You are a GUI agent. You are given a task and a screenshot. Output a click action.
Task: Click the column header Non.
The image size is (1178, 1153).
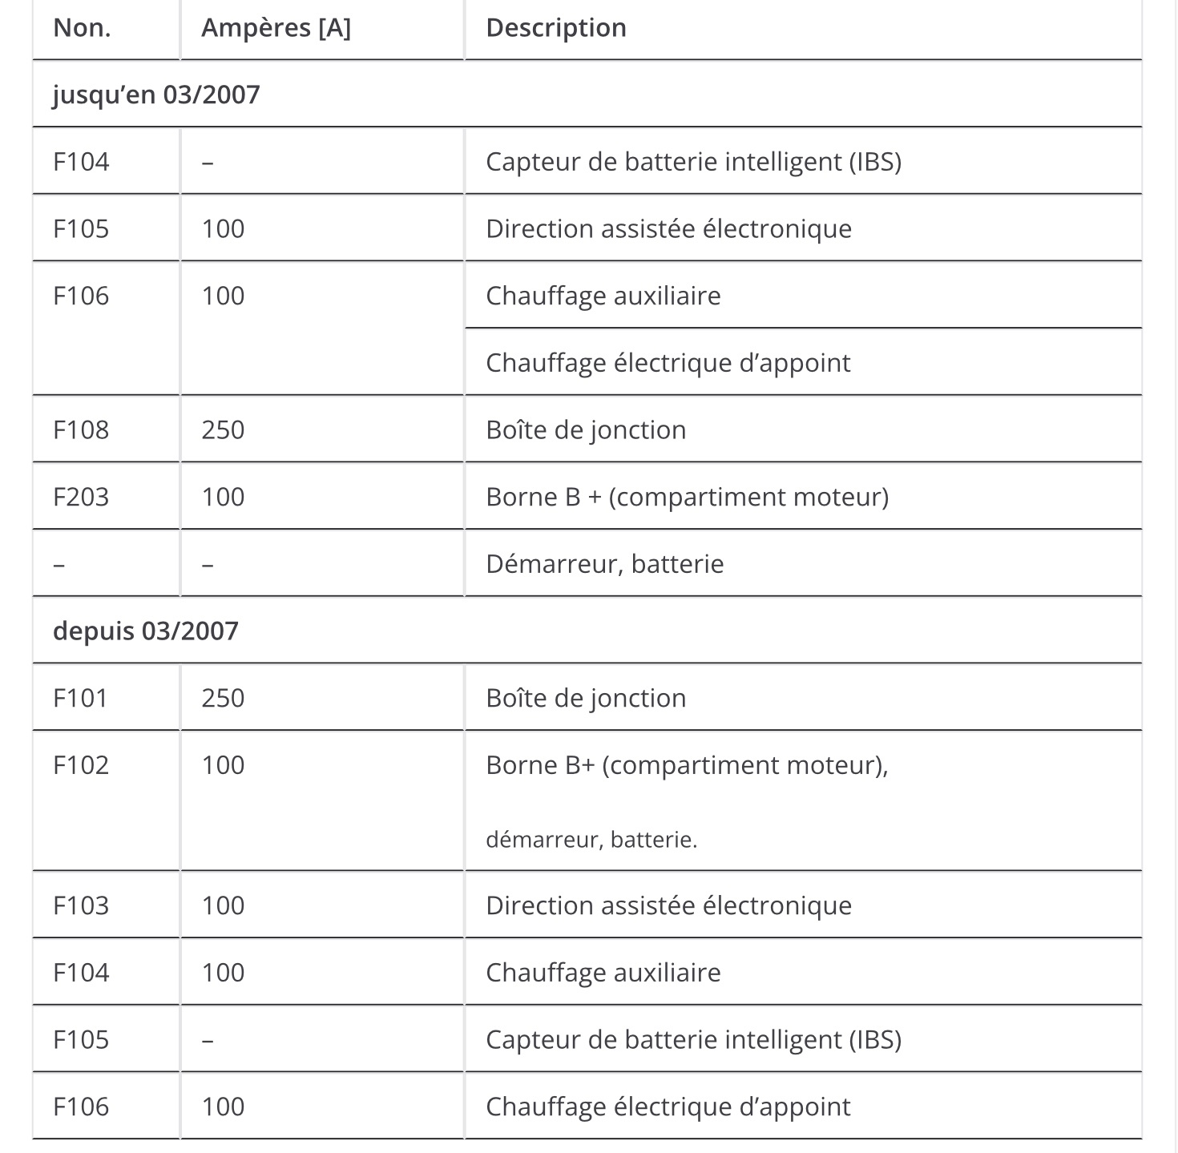click(x=82, y=28)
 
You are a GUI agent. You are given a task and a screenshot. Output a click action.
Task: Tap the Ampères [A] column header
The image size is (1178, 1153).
click(x=276, y=28)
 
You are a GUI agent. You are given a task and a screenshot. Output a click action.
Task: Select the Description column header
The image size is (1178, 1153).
click(x=556, y=28)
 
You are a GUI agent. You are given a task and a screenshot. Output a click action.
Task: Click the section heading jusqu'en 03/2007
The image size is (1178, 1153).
click(x=156, y=95)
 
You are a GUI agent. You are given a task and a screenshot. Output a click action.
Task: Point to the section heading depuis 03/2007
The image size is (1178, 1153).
click(x=146, y=631)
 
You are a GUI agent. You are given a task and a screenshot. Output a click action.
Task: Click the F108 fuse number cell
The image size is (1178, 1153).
click(x=81, y=430)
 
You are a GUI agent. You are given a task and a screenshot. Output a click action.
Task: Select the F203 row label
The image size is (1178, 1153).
click(x=81, y=497)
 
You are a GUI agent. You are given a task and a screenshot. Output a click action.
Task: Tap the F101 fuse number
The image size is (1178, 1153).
click(x=80, y=698)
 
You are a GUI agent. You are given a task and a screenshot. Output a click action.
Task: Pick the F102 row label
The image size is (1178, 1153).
click(x=81, y=765)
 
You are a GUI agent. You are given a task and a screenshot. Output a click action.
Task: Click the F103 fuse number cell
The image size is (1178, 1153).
click(x=81, y=905)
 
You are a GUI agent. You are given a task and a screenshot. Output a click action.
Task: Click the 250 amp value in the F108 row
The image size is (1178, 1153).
click(x=223, y=430)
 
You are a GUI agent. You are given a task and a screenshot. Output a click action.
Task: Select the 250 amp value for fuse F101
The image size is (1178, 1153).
click(x=223, y=698)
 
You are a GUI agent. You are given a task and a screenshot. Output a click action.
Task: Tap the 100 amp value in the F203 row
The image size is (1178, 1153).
click(x=223, y=497)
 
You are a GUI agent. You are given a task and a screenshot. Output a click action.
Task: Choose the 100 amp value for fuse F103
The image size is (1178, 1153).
click(x=223, y=905)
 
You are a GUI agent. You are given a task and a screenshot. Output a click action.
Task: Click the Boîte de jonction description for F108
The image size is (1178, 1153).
click(x=586, y=430)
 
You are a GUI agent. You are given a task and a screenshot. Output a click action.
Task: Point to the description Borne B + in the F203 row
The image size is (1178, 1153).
click(x=687, y=497)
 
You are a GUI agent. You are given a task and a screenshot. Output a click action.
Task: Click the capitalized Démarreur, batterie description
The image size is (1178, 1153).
click(x=604, y=564)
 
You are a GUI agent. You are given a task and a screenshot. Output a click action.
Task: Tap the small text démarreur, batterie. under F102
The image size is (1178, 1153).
click(x=591, y=840)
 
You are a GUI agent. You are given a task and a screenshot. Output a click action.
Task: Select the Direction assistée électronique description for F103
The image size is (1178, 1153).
click(x=668, y=905)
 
